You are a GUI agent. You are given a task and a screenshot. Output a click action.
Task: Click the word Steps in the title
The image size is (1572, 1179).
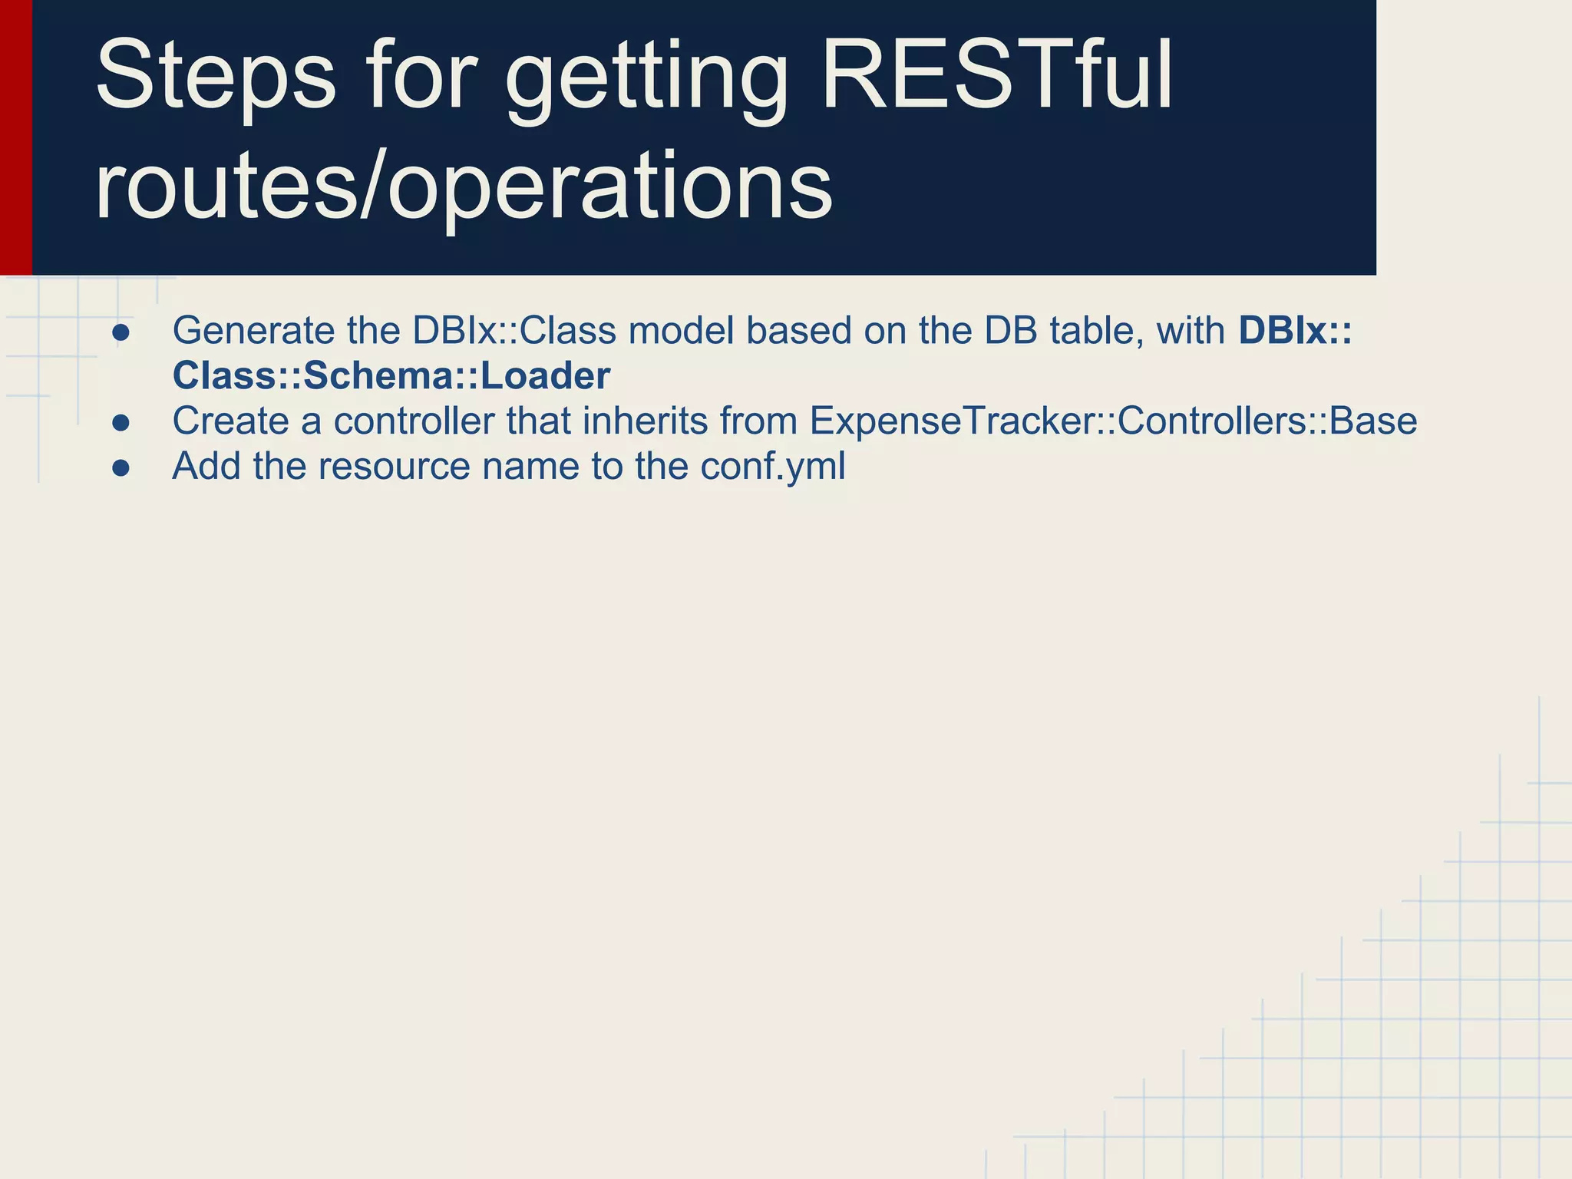point(216,77)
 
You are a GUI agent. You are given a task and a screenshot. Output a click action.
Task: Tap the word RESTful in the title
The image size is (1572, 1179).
point(996,77)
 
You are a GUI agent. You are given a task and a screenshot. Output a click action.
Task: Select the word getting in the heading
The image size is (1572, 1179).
point(646,81)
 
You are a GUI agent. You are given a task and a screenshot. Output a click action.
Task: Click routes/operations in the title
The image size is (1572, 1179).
point(463,187)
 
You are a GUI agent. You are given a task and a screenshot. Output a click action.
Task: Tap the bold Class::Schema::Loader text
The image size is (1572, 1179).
point(391,376)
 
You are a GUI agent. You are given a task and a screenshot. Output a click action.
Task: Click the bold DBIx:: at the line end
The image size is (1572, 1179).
point(1294,331)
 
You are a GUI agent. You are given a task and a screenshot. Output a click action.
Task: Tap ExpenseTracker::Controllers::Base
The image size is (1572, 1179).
point(1112,421)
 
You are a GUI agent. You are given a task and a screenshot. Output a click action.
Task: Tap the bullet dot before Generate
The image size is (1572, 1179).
point(121,332)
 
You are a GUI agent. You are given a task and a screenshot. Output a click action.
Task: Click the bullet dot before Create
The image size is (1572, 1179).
point(121,423)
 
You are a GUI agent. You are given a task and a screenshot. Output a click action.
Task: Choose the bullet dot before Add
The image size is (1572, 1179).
point(121,468)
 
